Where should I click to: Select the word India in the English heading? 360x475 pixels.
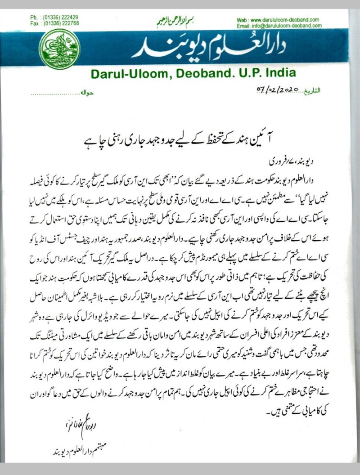click(x=278, y=73)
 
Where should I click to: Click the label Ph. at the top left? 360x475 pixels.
click(x=34, y=17)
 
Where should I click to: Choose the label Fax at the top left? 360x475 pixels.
click(x=34, y=23)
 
